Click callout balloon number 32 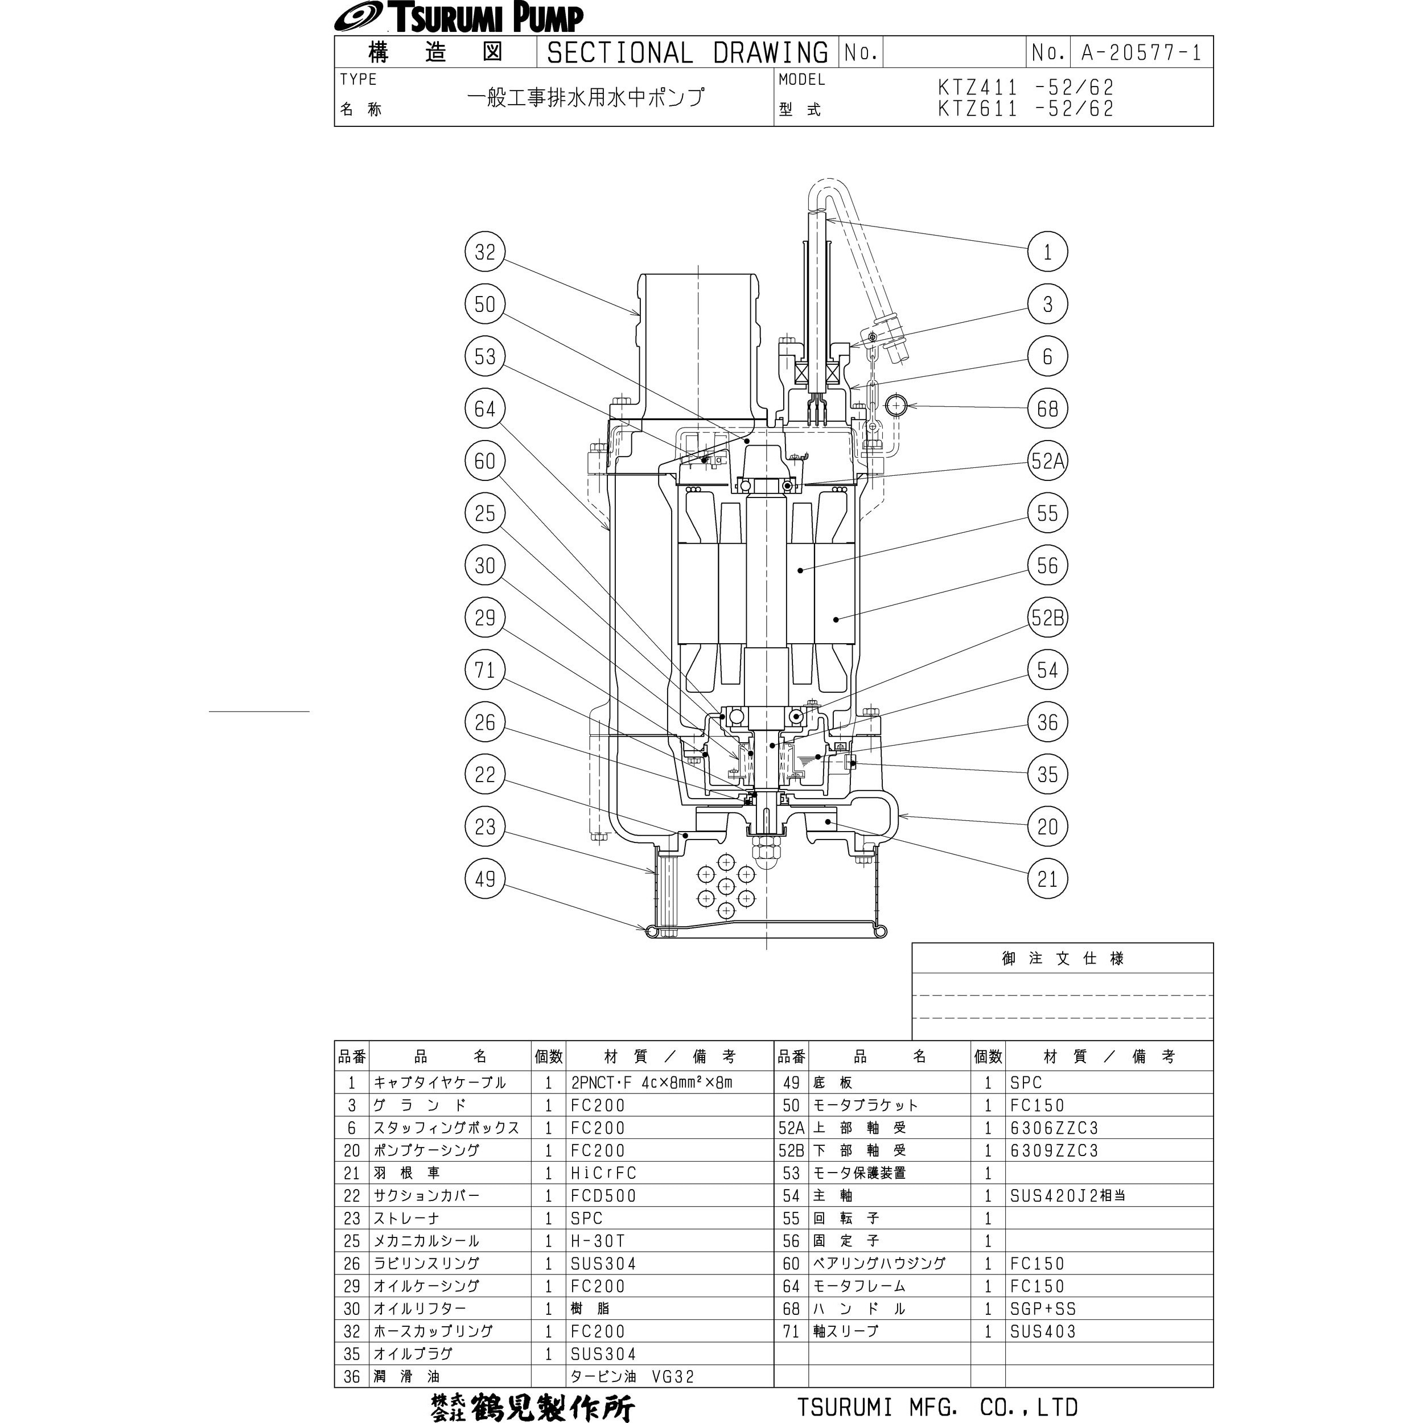pyautogui.click(x=484, y=252)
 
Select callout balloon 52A pyautogui.click(x=1047, y=461)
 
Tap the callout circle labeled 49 pyautogui.click(x=484, y=879)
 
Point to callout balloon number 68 pyautogui.click(x=1047, y=409)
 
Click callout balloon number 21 pyautogui.click(x=1047, y=879)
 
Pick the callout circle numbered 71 pyautogui.click(x=484, y=671)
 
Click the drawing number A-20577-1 pyautogui.click(x=1140, y=52)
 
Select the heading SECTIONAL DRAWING pyautogui.click(x=687, y=52)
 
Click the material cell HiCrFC pyautogui.click(x=603, y=1173)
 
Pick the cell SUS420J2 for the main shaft pyautogui.click(x=1067, y=1196)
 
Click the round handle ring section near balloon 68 pyautogui.click(x=895, y=405)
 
